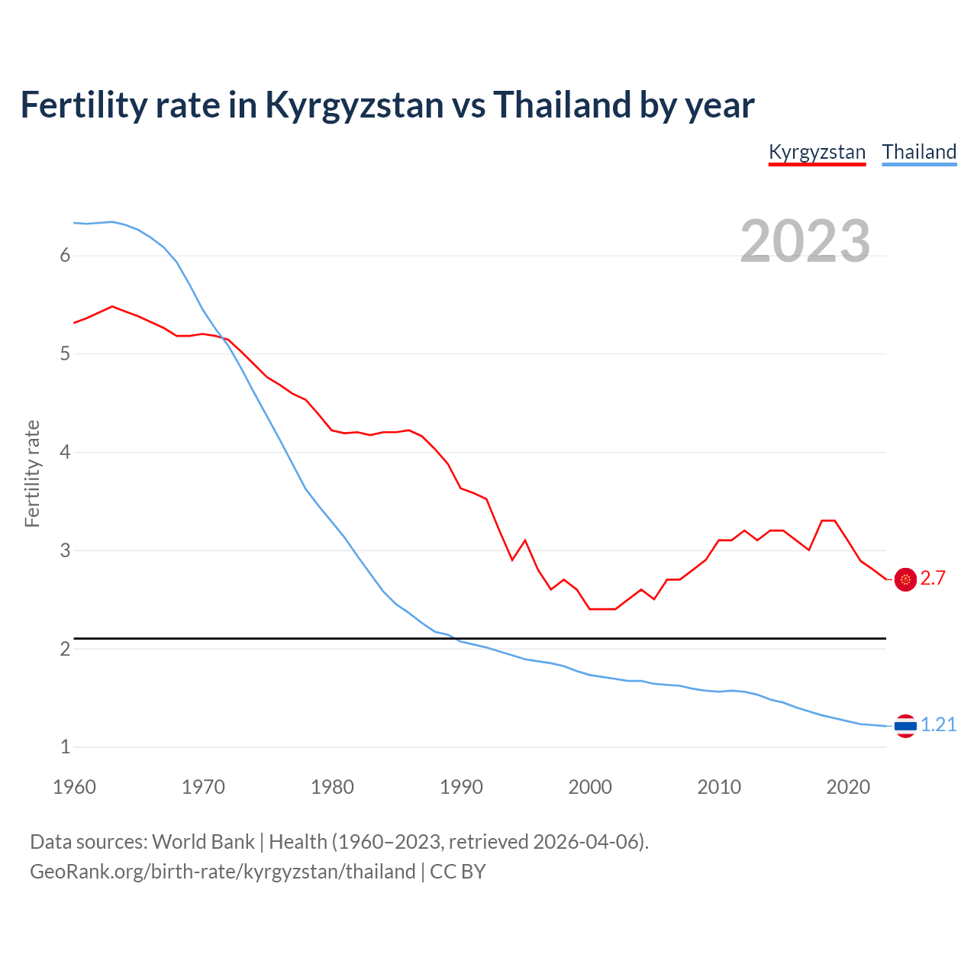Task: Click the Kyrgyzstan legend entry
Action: tap(817, 152)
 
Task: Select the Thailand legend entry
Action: tap(919, 152)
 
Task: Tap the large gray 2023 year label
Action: tap(804, 241)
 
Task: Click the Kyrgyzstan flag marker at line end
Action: tap(905, 579)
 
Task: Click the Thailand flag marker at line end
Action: tap(905, 726)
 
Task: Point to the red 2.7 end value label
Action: tap(933, 579)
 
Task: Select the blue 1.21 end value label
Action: tap(938, 725)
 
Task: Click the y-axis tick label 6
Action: tap(65, 256)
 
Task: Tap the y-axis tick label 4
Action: tap(65, 452)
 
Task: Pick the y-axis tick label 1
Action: tap(65, 747)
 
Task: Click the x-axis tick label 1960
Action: tap(74, 787)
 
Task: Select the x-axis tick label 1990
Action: tap(461, 787)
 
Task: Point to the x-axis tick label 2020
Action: tap(848, 787)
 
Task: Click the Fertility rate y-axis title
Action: tap(32, 473)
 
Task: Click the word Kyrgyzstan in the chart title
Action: tap(353, 105)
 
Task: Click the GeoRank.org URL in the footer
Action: tap(222, 872)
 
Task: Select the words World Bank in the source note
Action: tap(203, 842)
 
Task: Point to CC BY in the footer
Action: tap(458, 872)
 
